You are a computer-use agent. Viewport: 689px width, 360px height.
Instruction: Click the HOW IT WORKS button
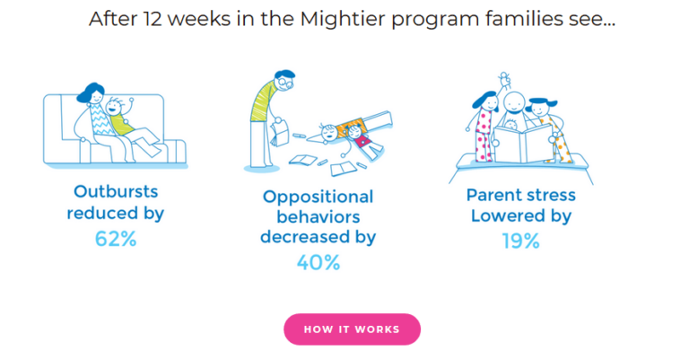(x=352, y=329)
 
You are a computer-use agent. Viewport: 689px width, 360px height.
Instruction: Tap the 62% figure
(x=115, y=239)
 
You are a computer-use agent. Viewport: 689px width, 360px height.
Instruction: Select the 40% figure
(x=318, y=262)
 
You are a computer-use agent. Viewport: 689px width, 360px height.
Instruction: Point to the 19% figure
(x=520, y=241)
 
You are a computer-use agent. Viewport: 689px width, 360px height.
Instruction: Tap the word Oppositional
(x=318, y=196)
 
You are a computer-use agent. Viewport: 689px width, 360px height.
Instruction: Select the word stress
(x=546, y=195)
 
